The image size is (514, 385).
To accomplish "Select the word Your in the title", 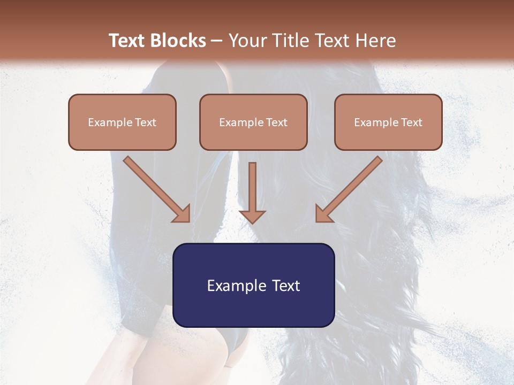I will [x=246, y=41].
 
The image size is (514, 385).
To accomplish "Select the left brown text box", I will [x=122, y=122].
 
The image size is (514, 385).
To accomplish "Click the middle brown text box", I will [x=253, y=122].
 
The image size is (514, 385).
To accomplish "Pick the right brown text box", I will [x=388, y=122].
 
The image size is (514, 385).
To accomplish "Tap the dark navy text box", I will [x=253, y=286].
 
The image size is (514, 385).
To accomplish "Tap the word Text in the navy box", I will [x=286, y=286].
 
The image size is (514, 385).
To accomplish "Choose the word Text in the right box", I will [x=411, y=122].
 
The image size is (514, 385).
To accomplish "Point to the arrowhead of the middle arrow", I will [x=252, y=216].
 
